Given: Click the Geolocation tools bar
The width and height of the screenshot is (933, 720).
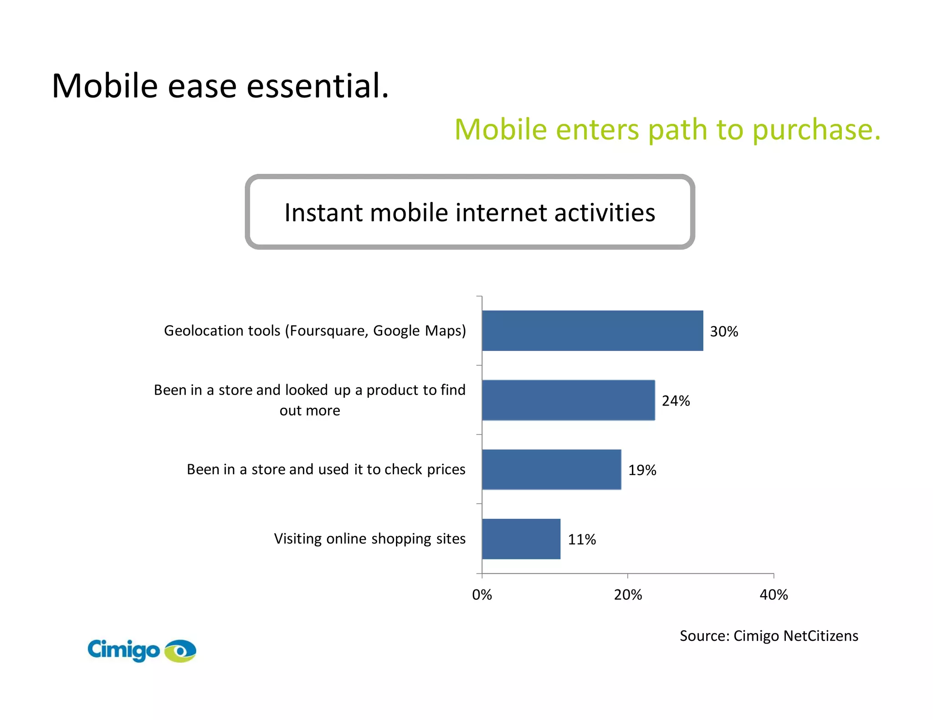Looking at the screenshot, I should (x=592, y=330).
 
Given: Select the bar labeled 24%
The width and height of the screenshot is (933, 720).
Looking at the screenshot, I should (x=568, y=400).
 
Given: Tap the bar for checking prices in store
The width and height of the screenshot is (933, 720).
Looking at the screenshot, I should (x=551, y=469).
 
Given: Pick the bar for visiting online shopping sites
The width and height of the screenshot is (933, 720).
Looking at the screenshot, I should (x=521, y=539).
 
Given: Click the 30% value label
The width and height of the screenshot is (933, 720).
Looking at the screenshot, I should (x=724, y=331).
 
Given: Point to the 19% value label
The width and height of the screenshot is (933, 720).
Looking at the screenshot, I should (x=642, y=470).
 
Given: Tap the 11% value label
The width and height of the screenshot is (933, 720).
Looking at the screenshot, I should (x=582, y=540).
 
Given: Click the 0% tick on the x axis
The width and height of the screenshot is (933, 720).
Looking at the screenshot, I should (x=482, y=595).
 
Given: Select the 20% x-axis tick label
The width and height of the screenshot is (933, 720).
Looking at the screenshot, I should (x=628, y=595).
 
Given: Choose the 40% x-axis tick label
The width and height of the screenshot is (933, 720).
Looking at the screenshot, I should (x=774, y=595).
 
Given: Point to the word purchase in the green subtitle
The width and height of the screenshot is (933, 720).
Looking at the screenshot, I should (x=816, y=130).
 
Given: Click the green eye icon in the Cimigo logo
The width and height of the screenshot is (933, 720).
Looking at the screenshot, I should (x=180, y=651).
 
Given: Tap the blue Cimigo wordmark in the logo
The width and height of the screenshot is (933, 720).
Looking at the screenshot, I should (x=123, y=650).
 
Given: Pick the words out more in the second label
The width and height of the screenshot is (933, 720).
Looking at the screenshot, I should (x=310, y=411).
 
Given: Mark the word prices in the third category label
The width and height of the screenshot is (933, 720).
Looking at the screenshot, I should (x=446, y=469).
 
